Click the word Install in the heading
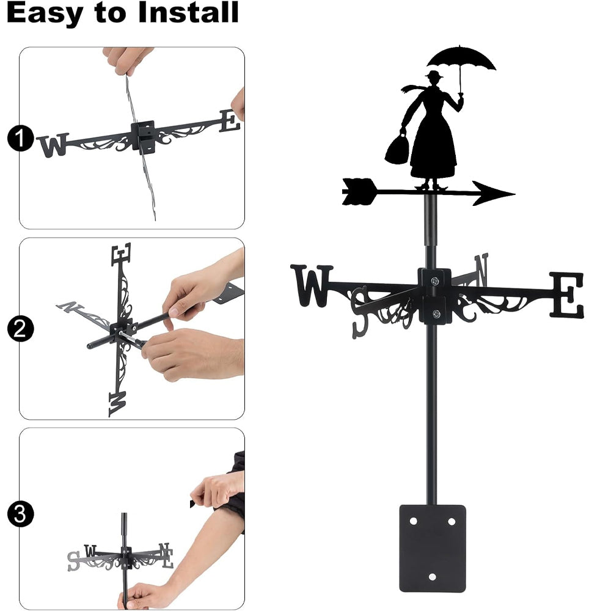tap(188, 12)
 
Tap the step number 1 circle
tap(20, 137)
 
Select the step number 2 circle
tap(20, 329)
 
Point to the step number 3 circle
tap(20, 514)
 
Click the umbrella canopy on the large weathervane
tap(461, 59)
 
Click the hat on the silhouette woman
tap(434, 74)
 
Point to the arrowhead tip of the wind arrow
tap(514, 194)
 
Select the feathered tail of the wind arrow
tap(359, 191)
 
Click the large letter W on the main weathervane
tap(312, 285)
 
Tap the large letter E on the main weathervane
tap(567, 295)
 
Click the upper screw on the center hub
tap(434, 280)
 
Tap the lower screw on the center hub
tap(436, 313)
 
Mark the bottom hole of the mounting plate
tap(432, 577)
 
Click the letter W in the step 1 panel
tap(54, 145)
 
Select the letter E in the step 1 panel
tap(230, 121)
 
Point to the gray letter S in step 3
tap(74, 561)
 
